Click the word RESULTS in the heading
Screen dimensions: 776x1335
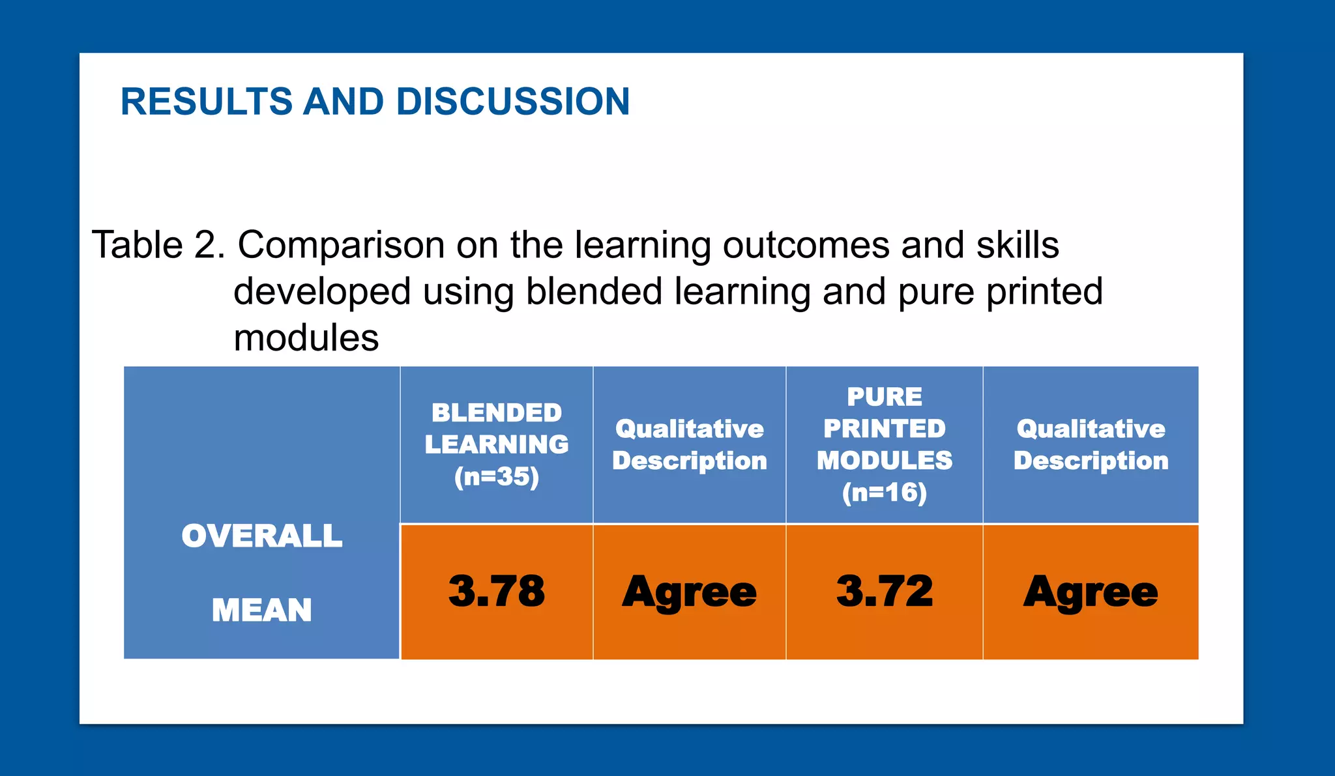pos(207,102)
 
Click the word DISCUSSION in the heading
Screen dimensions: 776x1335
pos(512,102)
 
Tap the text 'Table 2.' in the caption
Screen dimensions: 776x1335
pos(158,245)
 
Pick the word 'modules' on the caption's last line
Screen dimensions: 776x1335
pos(306,338)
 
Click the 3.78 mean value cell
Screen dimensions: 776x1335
pos(497,592)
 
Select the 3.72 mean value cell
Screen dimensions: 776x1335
pos(885,592)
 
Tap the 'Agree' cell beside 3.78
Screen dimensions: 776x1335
pos(689,592)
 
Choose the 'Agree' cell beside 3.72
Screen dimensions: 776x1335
pos(1091,592)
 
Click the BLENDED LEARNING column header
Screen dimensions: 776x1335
pos(497,429)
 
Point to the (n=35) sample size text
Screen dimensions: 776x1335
pos(497,477)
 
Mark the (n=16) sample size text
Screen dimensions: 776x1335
pos(885,493)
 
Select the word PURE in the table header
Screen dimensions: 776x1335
pos(885,397)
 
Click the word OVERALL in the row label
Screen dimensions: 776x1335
pos(261,536)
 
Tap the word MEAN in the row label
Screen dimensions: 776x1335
pos(261,611)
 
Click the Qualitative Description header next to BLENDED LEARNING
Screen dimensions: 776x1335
pos(689,444)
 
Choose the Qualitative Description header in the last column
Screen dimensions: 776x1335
pos(1091,444)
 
